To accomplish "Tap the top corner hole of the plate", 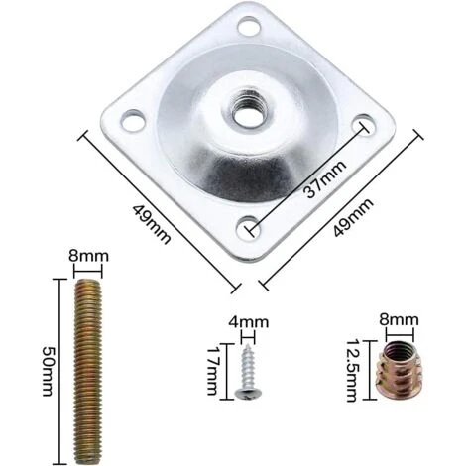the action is pos(249,27).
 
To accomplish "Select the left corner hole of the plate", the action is pos(134,120).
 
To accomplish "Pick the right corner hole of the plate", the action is pos(365,124).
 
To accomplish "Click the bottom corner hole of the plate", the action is pos(249,228).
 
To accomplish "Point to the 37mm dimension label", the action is pos(325,179).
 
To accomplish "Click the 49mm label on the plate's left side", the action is pos(152,224).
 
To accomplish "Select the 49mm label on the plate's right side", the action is pos(354,216).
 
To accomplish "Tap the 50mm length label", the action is pos(47,371).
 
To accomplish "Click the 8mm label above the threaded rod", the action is pos(88,256).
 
